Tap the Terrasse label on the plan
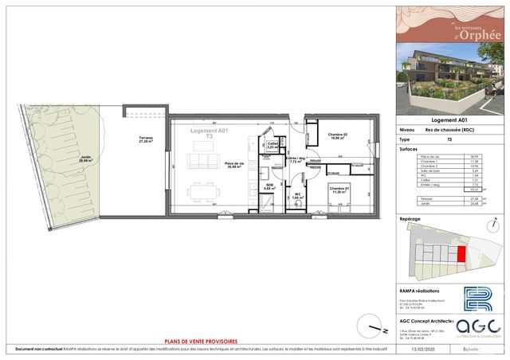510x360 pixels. [145, 139]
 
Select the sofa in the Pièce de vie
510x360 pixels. [203, 159]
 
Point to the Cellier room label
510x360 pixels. [272, 145]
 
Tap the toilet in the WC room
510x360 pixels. [296, 204]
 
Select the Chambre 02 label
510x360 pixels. [339, 135]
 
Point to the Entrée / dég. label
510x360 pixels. [296, 160]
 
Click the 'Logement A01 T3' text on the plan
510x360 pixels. [209, 133]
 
